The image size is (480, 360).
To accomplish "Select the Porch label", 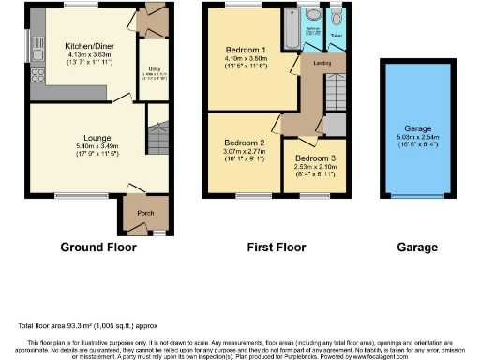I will [144, 213].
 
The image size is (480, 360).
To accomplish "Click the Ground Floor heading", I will [98, 247].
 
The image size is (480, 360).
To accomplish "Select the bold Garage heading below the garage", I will [416, 247].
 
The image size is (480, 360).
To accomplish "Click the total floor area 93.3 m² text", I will [79, 325].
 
